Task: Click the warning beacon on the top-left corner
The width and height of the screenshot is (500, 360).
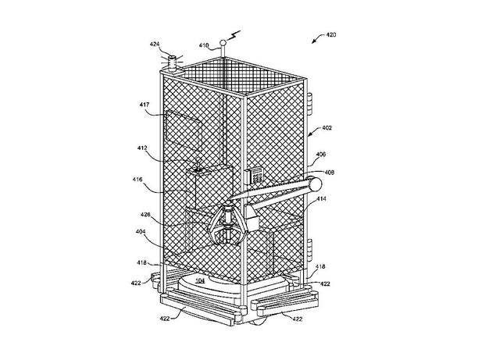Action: [170, 60]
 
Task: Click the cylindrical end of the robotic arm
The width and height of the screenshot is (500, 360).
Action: [315, 184]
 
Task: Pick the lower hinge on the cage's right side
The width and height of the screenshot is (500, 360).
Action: [310, 248]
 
